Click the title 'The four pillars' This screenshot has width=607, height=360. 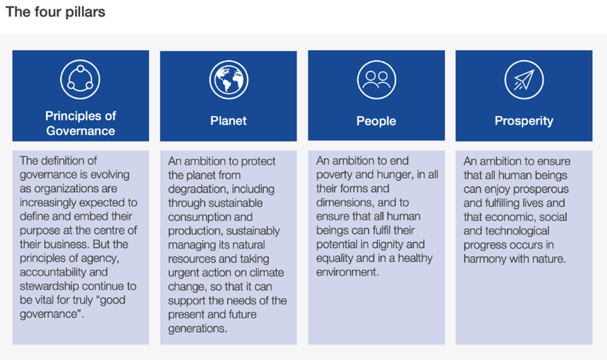click(x=55, y=12)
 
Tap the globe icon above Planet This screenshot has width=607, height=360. click(x=229, y=80)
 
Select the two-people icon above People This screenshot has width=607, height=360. click(x=376, y=80)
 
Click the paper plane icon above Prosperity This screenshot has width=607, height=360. click(x=524, y=80)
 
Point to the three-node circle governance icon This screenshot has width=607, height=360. click(x=80, y=80)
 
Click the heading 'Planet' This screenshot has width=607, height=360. click(x=229, y=121)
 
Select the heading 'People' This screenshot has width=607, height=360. click(x=376, y=121)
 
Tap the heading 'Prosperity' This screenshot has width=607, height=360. click(x=524, y=121)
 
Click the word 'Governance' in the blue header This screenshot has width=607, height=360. click(x=80, y=131)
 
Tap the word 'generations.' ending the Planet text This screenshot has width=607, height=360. click(x=198, y=328)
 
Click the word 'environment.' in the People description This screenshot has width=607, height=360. click(x=347, y=272)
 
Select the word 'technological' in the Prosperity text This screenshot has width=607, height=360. click(x=517, y=231)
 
